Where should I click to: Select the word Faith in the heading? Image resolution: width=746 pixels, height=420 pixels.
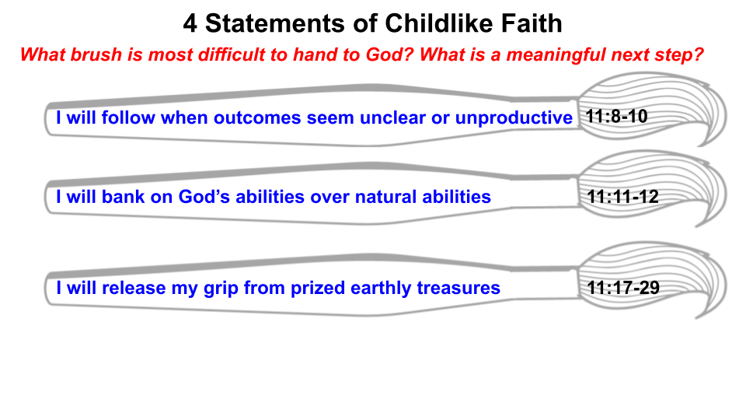[531, 23]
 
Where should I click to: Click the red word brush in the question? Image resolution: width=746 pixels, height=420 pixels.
[96, 56]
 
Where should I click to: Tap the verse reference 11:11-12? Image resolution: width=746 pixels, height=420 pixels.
[623, 197]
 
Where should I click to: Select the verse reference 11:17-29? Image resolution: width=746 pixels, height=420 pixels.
[623, 288]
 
